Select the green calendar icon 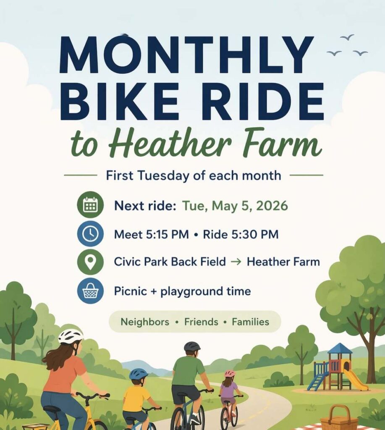pyautogui.click(x=90, y=205)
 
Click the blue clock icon pyautogui.click(x=90, y=234)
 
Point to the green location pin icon pyautogui.click(x=90, y=262)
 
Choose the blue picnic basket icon pyautogui.click(x=90, y=291)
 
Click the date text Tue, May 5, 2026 pyautogui.click(x=235, y=206)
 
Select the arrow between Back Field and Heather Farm pyautogui.click(x=236, y=262)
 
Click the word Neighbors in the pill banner pyautogui.click(x=145, y=322)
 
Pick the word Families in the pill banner pyautogui.click(x=251, y=322)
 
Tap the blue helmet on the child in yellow pyautogui.click(x=138, y=373)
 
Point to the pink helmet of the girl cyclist pyautogui.click(x=230, y=373)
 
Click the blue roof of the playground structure pyautogui.click(x=340, y=349)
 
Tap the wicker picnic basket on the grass pyautogui.click(x=339, y=420)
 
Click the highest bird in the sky pyautogui.click(x=347, y=37)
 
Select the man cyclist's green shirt pyautogui.click(x=189, y=370)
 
